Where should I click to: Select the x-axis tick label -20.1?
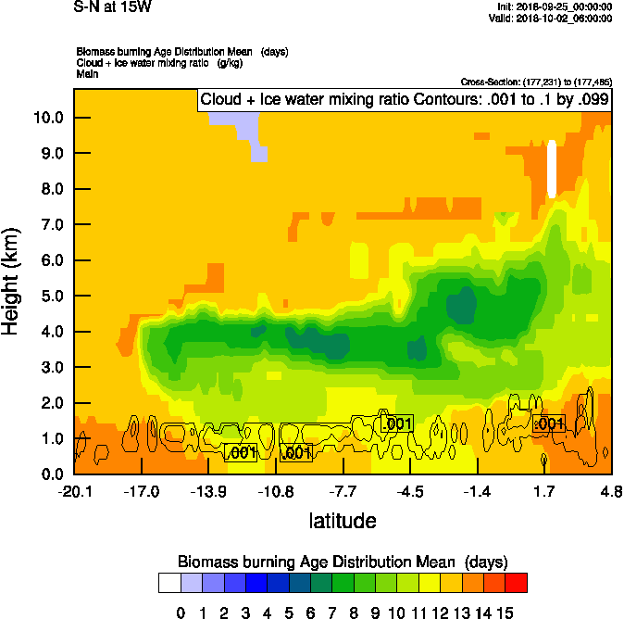(x=74, y=490)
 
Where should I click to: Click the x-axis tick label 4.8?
(x=610, y=490)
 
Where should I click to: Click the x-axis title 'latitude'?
(x=343, y=521)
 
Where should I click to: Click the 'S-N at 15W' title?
(x=114, y=6)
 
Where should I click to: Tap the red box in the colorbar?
(x=517, y=582)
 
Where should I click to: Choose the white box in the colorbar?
(x=169, y=582)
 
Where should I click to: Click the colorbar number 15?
(x=505, y=612)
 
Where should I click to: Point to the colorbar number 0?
(x=181, y=612)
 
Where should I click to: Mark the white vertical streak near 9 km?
(x=552, y=169)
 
